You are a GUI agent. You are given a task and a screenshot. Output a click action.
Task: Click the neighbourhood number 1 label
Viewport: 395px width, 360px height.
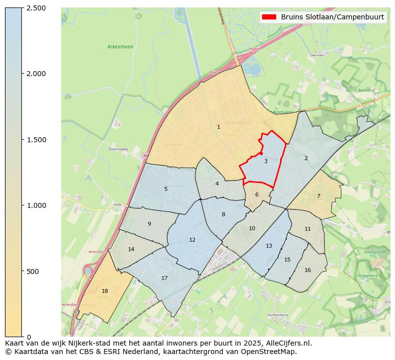pyautogui.click(x=218, y=127)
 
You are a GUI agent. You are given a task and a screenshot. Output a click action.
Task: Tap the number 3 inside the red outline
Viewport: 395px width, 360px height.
pyautogui.click(x=266, y=161)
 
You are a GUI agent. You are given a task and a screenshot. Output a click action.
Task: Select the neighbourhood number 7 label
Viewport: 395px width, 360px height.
pyautogui.click(x=318, y=196)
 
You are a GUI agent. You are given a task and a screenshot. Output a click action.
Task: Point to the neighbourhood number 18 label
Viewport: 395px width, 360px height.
pyautogui.click(x=104, y=291)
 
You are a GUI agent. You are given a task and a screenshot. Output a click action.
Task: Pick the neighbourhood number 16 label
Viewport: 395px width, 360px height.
pyautogui.click(x=307, y=270)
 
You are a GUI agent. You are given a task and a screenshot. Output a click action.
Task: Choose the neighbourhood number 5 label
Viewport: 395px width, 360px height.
pyautogui.click(x=166, y=189)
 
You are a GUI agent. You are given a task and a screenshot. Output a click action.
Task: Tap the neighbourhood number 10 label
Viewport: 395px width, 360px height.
pyautogui.click(x=252, y=228)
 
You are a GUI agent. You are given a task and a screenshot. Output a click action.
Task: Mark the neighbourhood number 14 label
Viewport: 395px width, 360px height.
pyautogui.click(x=131, y=249)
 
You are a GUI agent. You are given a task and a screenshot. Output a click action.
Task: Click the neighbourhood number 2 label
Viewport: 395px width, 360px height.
pyautogui.click(x=306, y=158)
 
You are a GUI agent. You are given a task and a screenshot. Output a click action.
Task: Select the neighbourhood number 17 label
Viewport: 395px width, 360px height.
pyautogui.click(x=164, y=278)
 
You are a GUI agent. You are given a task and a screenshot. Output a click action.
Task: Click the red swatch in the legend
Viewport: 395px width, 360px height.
pyautogui.click(x=269, y=17)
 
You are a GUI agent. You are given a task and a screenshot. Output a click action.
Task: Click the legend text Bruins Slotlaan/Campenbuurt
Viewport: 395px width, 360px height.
pyautogui.click(x=332, y=17)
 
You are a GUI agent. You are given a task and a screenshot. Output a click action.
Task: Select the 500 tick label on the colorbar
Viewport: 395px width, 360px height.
pyautogui.click(x=32, y=271)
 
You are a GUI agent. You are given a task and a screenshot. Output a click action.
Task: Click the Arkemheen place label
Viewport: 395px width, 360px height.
pyautogui.click(x=120, y=47)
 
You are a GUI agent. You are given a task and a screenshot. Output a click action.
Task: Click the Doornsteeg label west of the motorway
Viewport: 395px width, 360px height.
pyautogui.click(x=118, y=149)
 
